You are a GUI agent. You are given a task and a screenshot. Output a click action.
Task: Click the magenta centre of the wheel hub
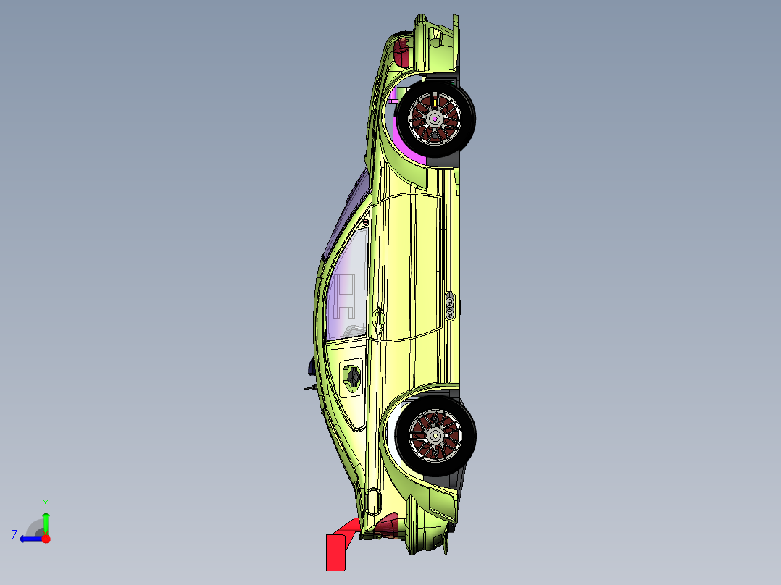click(435, 118)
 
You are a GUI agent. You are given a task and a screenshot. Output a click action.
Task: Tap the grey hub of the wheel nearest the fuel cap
click(435, 435)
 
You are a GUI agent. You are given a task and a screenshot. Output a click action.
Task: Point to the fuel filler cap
click(352, 376)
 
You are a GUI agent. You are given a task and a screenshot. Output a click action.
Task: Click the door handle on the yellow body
click(378, 317)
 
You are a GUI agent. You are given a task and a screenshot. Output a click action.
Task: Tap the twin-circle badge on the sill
click(450, 305)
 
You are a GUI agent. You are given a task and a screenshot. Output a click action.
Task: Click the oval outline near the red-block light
click(373, 500)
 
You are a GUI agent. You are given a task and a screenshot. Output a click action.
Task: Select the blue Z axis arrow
click(29, 539)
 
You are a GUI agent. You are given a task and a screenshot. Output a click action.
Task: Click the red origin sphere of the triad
click(46, 539)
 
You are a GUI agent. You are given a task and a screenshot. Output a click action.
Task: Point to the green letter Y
click(45, 502)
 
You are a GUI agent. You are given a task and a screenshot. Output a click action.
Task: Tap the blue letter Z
click(14, 535)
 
